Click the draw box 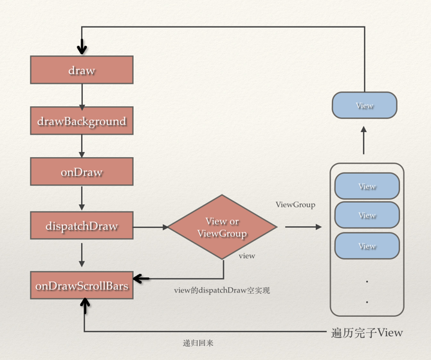(82, 70)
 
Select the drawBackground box (82, 121)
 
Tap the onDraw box (82, 173)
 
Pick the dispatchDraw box (82, 226)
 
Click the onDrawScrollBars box (82, 285)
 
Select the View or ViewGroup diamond (222, 227)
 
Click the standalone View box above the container (364, 106)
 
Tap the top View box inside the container (367, 187)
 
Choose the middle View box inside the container (367, 216)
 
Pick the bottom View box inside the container (367, 246)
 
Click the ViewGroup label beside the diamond (295, 205)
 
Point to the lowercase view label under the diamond (246, 256)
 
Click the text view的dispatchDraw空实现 (222, 290)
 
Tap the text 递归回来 (197, 343)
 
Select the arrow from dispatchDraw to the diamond (151, 227)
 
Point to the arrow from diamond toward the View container (302, 227)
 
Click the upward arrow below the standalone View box (364, 140)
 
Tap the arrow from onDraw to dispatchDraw (82, 198)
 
